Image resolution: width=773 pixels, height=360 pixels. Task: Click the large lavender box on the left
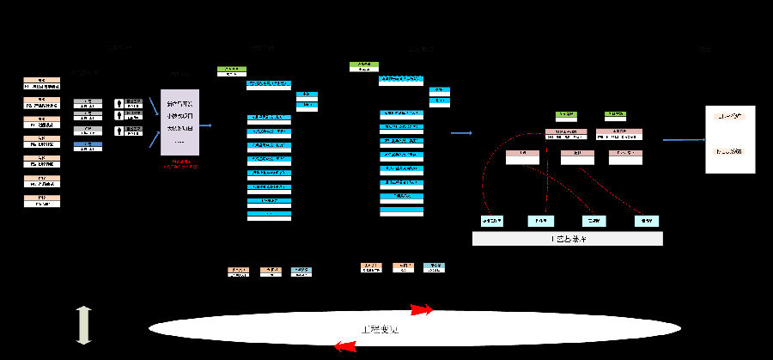tap(180, 122)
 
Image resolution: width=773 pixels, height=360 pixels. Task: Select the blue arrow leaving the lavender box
tap(205, 125)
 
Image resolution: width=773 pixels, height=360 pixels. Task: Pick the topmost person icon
tap(120, 103)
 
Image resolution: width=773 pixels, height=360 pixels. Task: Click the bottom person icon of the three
tap(120, 131)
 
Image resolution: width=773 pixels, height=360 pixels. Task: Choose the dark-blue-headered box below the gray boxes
tap(88, 145)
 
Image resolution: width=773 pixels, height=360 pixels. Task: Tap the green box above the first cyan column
tap(232, 70)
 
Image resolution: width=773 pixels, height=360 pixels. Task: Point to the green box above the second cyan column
tap(364, 67)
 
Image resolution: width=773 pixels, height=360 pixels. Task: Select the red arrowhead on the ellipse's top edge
tap(420, 308)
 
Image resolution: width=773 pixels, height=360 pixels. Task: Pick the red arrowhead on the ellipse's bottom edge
tap(344, 346)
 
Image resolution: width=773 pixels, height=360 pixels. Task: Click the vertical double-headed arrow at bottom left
tap(83, 326)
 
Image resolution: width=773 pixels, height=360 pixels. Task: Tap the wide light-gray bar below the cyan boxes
tap(568, 239)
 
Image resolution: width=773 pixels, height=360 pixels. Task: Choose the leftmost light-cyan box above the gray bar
tap(492, 220)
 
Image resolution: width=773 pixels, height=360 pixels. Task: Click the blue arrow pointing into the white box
tap(683, 139)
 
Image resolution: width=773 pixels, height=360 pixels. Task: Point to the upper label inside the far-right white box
tap(735, 115)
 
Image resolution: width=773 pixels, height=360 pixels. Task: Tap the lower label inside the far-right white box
tap(735, 151)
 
